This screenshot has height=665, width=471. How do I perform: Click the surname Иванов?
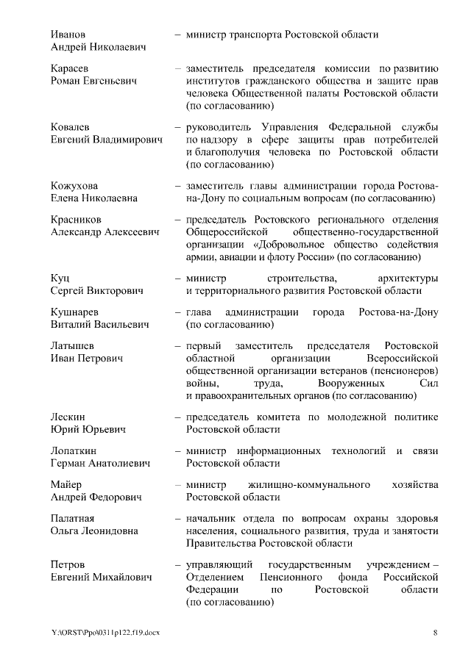click(68, 35)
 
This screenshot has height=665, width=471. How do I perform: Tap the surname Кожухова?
click(74, 186)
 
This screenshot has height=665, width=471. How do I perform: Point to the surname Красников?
click(77, 220)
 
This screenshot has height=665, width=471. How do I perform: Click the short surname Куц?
click(60, 278)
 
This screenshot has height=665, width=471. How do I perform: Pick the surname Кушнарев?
click(74, 312)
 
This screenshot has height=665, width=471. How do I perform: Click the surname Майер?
click(66, 485)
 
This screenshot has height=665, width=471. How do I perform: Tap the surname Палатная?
click(73, 519)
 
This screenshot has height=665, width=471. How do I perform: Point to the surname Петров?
click(68, 565)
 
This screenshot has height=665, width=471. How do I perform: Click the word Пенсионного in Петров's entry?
click(278, 578)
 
